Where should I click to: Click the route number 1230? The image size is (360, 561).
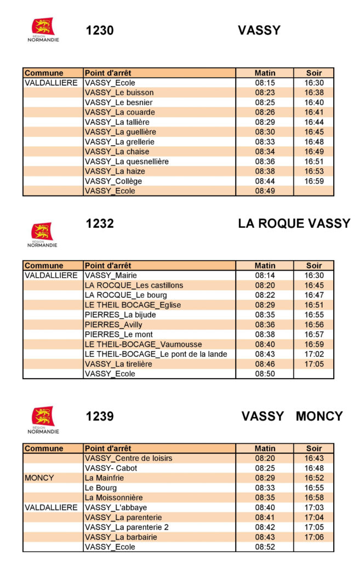pyautogui.click(x=100, y=31)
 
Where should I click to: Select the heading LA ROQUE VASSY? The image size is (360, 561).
pyautogui.click(x=294, y=224)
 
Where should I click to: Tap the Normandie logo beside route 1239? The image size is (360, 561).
pyautogui.click(x=43, y=420)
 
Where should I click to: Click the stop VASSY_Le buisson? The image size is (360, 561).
pyautogui.click(x=119, y=93)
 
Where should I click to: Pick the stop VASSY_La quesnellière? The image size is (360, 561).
pyautogui.click(x=127, y=162)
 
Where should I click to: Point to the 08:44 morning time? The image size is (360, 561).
pyautogui.click(x=265, y=181)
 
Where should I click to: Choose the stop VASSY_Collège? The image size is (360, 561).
pyautogui.click(x=113, y=181)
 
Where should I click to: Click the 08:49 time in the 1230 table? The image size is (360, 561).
pyautogui.click(x=265, y=191)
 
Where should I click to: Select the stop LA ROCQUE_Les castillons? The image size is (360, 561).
pyautogui.click(x=134, y=285)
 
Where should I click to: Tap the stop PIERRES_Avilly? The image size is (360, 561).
pyautogui.click(x=113, y=325)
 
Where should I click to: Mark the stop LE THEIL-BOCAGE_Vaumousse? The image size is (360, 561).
pyautogui.click(x=143, y=345)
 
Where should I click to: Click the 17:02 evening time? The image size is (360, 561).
pyautogui.click(x=314, y=354)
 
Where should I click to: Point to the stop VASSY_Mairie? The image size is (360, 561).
pyautogui.click(x=111, y=276)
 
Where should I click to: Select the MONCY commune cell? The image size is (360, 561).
pyautogui.click(x=39, y=478)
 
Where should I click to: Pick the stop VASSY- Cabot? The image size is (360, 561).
pyautogui.click(x=111, y=468)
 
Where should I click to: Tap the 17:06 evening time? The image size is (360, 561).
pyautogui.click(x=314, y=537)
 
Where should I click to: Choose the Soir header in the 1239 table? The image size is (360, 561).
pyautogui.click(x=314, y=449)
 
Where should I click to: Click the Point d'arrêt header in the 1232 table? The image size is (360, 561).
pyautogui.click(x=108, y=266)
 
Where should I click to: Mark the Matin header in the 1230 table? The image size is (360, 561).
pyautogui.click(x=265, y=73)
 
